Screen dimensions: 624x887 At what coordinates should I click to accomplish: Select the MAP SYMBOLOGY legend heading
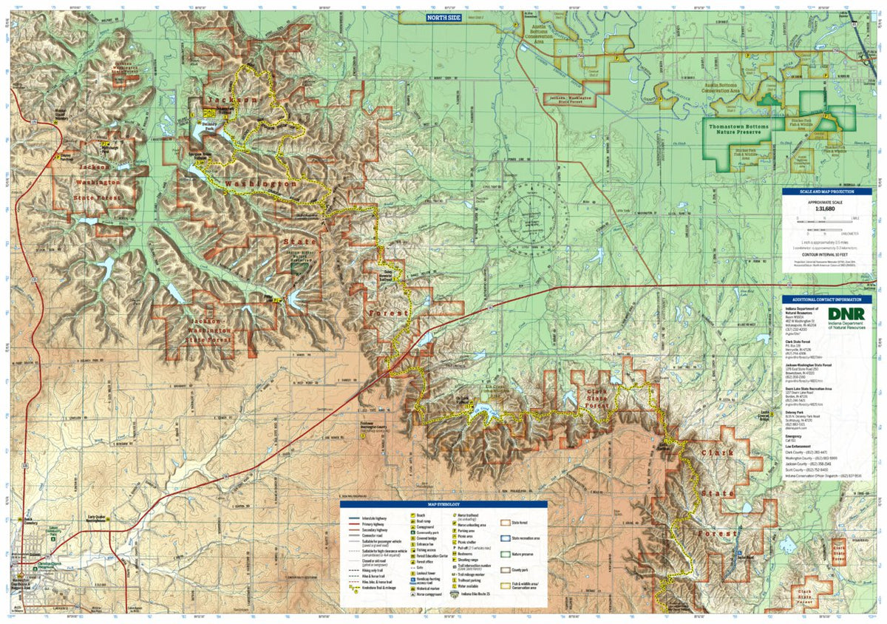pos(443,504)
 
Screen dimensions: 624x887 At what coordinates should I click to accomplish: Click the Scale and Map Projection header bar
pos(827,191)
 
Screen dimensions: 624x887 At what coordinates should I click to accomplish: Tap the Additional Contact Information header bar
pos(827,300)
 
